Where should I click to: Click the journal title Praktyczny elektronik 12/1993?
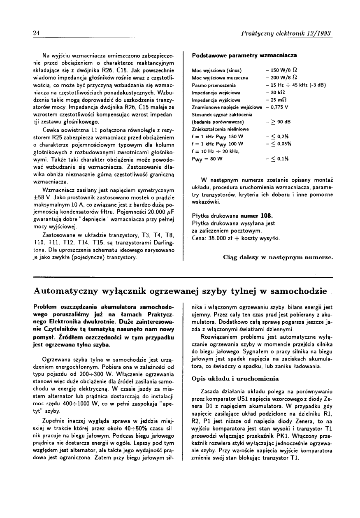tap(287, 33)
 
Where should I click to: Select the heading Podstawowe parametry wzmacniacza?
tap(244, 55)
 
